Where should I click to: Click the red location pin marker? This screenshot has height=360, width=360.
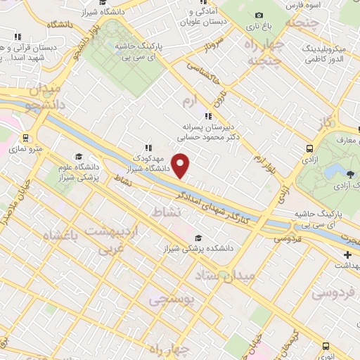(x=181, y=167)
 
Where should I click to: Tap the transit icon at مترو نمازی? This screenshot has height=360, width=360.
(x=27, y=138)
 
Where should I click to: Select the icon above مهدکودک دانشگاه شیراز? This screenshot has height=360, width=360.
(x=148, y=148)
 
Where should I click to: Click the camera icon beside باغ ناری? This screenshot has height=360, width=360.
(x=259, y=15)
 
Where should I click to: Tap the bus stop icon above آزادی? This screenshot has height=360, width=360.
(x=310, y=148)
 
